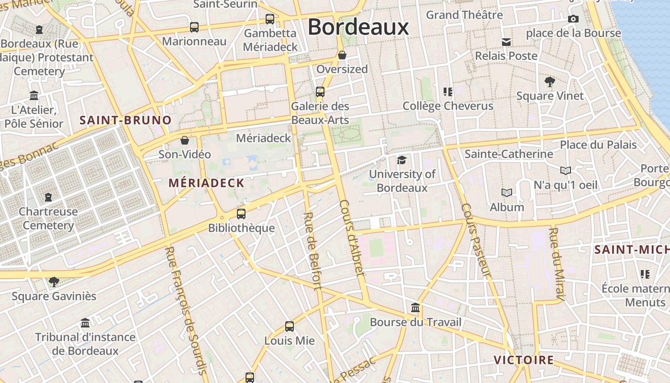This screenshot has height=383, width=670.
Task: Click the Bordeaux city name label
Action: [358, 27]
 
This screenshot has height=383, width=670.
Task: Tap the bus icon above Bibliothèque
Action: [241, 214]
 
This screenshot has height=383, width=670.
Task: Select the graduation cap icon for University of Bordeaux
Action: [402, 160]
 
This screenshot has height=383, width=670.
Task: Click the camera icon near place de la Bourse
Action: [573, 19]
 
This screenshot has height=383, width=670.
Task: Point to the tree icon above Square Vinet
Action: [549, 82]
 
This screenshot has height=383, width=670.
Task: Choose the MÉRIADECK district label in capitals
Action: [206, 183]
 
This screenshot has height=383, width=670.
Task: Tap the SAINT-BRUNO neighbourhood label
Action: [125, 120]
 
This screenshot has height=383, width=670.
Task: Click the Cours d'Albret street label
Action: [352, 238]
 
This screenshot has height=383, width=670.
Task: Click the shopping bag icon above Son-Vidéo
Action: [184, 140]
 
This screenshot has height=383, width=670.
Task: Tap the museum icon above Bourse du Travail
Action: [415, 307]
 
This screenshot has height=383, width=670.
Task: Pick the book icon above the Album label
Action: [507, 192]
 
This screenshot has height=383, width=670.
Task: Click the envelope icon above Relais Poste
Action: [506, 42]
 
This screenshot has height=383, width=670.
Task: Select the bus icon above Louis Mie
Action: [289, 327]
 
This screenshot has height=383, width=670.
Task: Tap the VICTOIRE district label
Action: [524, 360]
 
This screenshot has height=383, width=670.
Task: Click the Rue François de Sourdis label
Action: [186, 310]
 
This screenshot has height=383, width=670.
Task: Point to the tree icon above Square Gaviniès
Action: [54, 282]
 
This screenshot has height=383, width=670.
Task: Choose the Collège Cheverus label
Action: [448, 106]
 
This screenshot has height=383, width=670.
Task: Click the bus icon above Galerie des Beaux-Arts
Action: [320, 91]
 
